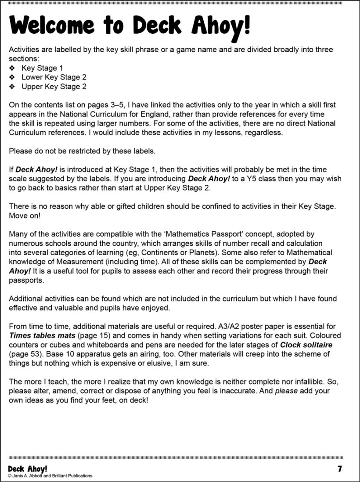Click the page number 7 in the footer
339,468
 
